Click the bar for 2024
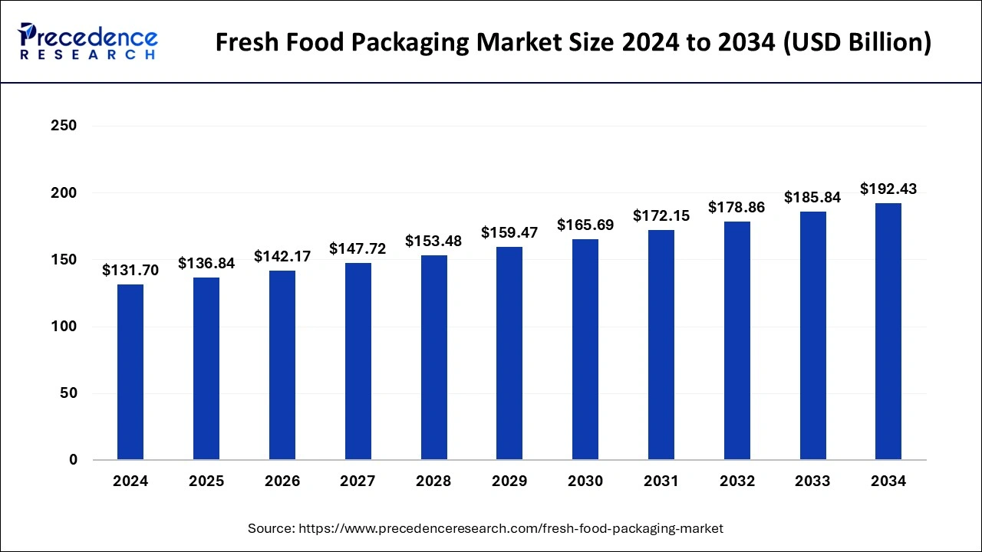point(130,372)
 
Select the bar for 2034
point(888,331)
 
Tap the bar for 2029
point(509,353)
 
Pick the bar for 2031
point(661,345)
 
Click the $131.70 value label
point(130,270)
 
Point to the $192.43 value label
point(888,189)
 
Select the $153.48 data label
point(433,241)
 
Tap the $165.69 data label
point(585,225)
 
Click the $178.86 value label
point(736,207)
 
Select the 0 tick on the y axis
point(72,460)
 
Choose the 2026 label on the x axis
point(282,481)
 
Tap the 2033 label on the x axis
point(812,481)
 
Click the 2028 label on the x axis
point(433,481)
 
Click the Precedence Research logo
point(87,41)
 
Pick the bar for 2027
point(358,361)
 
